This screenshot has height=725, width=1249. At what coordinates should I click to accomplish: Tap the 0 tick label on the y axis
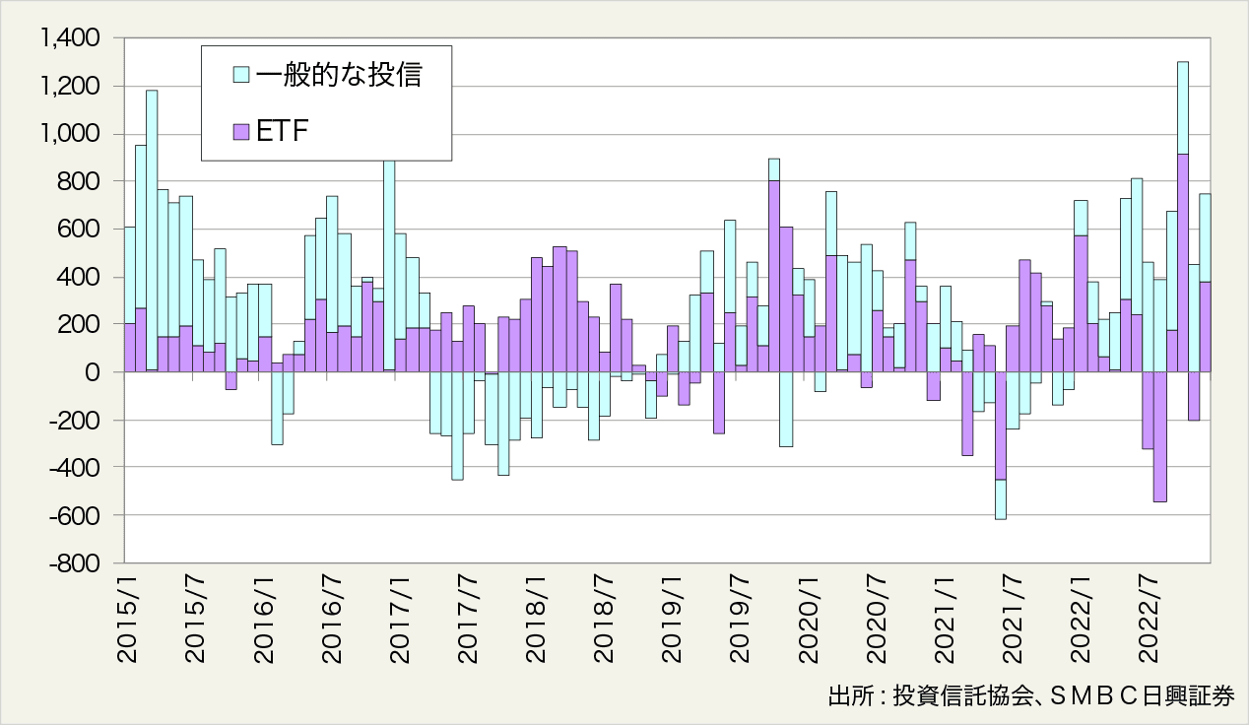click(x=94, y=372)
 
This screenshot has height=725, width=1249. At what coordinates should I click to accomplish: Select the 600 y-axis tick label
click(x=80, y=230)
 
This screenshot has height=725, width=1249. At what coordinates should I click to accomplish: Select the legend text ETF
click(x=284, y=131)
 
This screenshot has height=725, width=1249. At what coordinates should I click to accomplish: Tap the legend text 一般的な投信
click(x=338, y=75)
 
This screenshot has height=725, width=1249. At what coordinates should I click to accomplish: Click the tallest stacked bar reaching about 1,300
click(x=1183, y=197)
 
